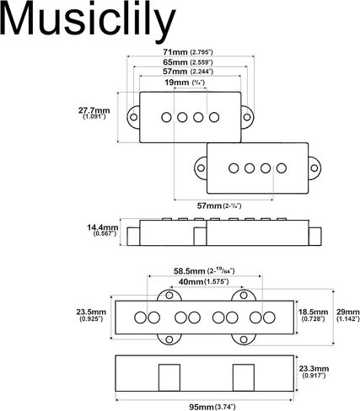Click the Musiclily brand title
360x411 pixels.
click(88, 19)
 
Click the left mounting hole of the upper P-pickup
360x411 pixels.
click(134, 117)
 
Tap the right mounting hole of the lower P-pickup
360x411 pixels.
click(314, 168)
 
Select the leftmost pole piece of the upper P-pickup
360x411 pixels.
click(166, 117)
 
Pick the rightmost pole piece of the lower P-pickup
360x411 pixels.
click(282, 168)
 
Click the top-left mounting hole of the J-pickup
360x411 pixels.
click(169, 296)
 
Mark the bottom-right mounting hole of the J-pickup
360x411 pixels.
click(244, 339)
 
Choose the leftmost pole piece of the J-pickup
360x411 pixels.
click(140, 318)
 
